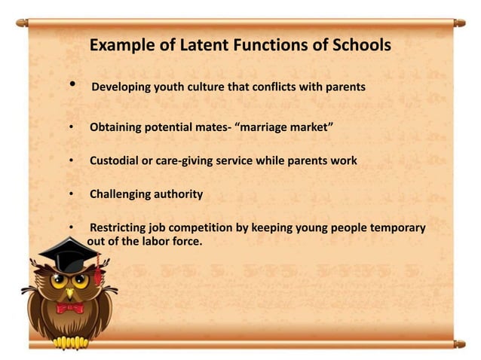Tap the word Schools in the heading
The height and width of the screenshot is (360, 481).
[x=357, y=45]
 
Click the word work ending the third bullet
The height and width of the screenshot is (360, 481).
[x=343, y=162]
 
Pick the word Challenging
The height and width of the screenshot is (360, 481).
[x=122, y=194]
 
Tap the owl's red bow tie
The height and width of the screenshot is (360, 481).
[x=69, y=307]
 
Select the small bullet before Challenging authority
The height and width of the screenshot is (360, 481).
[x=71, y=195]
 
